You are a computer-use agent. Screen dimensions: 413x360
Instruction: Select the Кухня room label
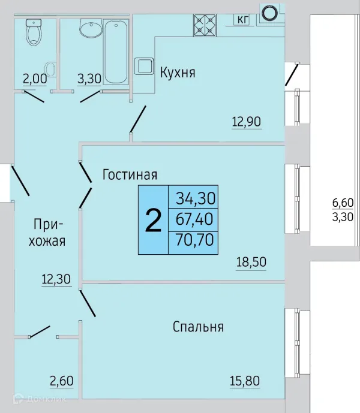pos(178,73)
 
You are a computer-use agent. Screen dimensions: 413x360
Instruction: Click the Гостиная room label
pos(130,175)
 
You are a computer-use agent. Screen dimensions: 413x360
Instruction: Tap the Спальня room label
pos(198,327)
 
